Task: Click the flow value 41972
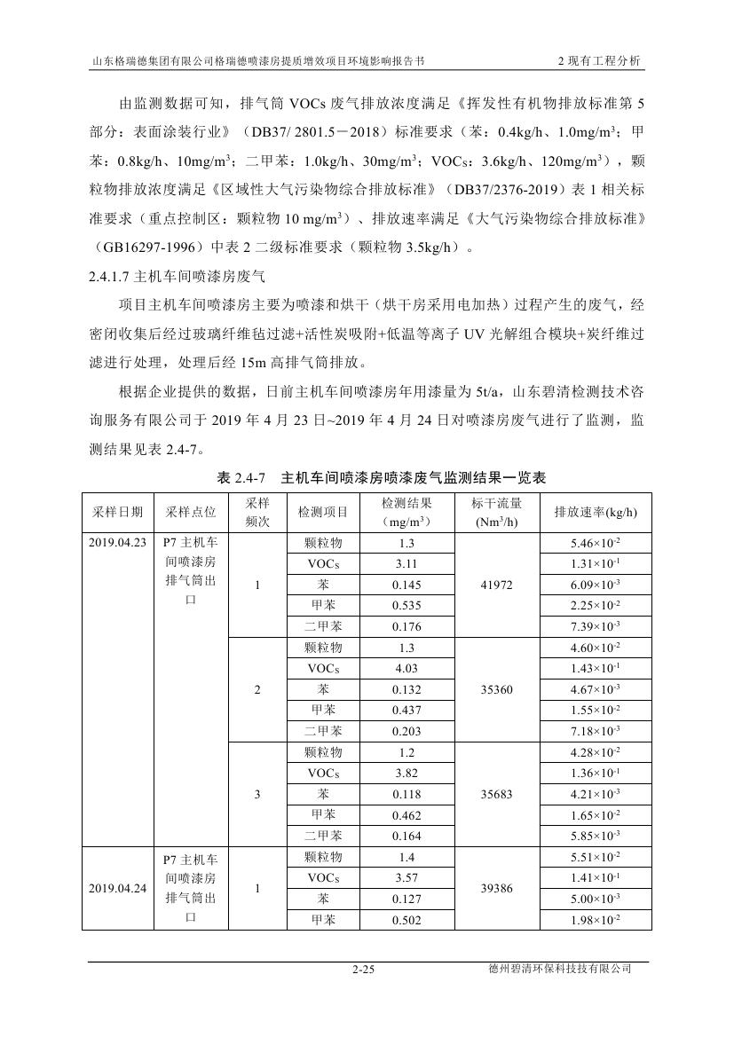(496, 585)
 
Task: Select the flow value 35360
(496, 689)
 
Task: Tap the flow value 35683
(496, 794)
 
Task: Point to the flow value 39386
(496, 888)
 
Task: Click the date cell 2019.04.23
(117, 543)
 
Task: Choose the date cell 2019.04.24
(117, 888)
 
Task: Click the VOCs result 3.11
(406, 564)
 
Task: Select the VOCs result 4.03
(406, 669)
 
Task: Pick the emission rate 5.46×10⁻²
(596, 543)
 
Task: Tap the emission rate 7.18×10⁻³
(596, 732)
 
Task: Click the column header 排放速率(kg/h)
(596, 512)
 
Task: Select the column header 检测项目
(322, 512)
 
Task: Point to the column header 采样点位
(190, 512)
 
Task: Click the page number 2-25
(364, 970)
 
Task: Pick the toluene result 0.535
(406, 606)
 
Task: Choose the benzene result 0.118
(406, 794)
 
